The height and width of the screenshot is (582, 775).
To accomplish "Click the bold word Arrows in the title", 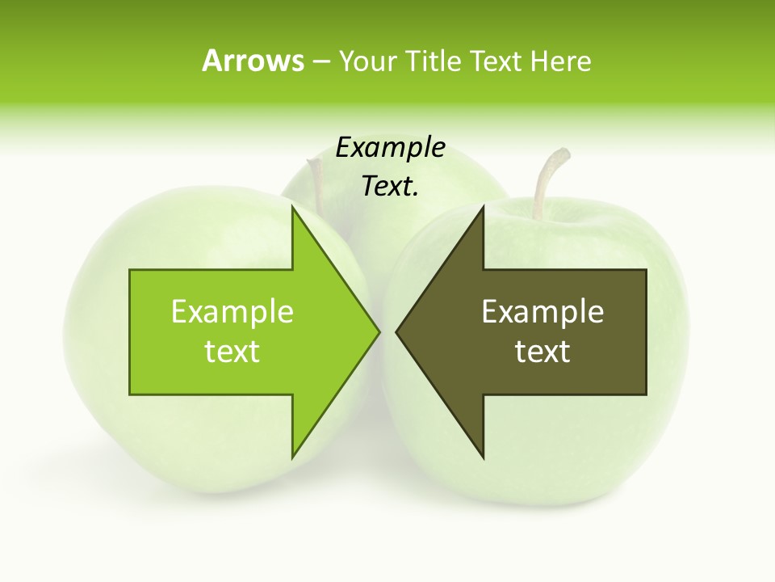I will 253,61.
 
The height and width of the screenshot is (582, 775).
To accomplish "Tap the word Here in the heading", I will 560,61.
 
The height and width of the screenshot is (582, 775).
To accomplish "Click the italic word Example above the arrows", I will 390,147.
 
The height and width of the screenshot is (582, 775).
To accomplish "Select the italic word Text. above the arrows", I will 390,187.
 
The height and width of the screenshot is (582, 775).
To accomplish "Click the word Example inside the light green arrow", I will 232,311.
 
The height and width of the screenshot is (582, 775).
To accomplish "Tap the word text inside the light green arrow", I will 232,352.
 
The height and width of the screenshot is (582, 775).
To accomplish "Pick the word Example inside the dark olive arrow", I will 542,311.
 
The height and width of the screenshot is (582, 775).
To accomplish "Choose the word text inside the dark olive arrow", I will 542,352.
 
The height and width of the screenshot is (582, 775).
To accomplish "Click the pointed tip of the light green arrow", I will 379,331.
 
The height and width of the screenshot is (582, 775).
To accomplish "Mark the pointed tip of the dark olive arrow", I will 397,331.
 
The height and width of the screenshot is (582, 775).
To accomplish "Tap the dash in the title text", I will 320,61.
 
